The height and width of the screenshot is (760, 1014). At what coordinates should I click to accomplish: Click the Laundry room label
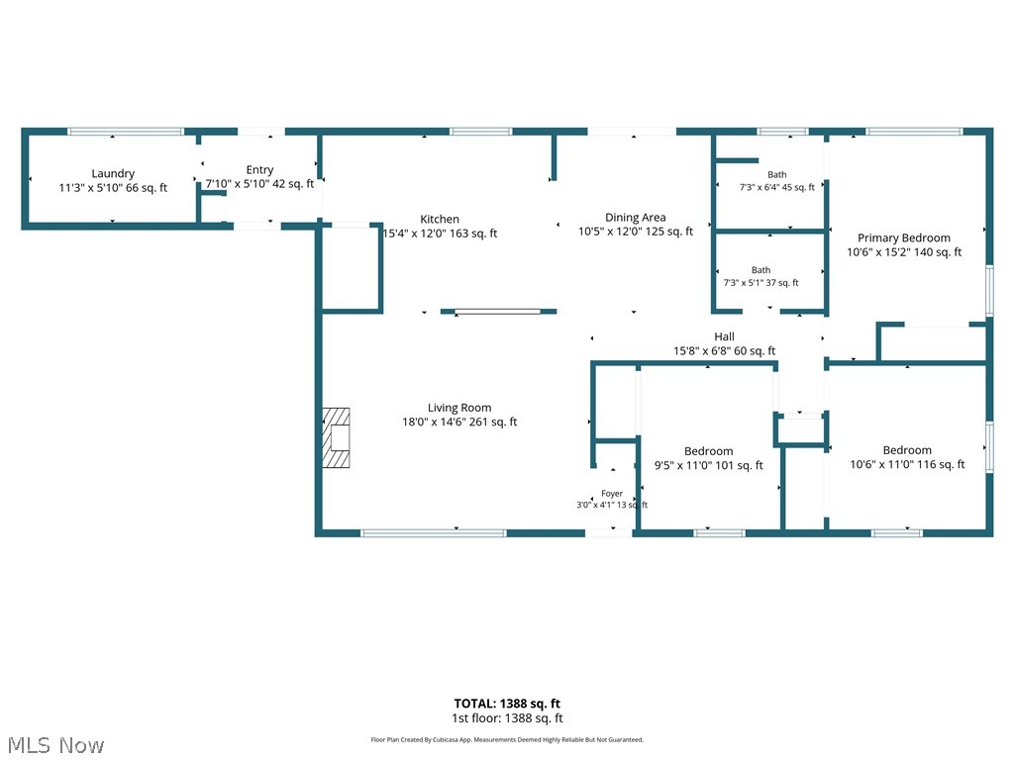click(113, 173)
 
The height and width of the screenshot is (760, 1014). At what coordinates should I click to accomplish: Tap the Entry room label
click(259, 170)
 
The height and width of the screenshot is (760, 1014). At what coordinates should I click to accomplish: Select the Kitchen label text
click(440, 219)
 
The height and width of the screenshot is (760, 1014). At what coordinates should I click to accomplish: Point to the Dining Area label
click(635, 217)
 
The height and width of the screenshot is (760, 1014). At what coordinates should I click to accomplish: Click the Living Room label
click(459, 408)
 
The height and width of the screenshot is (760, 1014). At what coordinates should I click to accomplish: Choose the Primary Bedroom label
click(903, 237)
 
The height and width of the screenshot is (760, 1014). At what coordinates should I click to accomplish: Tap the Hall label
click(724, 336)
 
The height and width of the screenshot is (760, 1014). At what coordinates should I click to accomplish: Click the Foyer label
click(612, 493)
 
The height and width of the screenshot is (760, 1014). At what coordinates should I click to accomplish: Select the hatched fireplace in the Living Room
click(337, 437)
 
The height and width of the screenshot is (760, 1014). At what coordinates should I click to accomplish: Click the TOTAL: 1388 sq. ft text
click(507, 704)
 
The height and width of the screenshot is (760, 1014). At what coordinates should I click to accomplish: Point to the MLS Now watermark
click(55, 745)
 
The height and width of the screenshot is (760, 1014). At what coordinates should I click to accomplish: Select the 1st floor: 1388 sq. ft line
click(507, 718)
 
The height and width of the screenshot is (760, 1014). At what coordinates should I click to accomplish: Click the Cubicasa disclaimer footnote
click(507, 739)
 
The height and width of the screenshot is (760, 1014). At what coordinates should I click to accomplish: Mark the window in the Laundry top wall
click(126, 132)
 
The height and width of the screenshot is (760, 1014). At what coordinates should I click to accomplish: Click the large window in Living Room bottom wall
click(434, 533)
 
